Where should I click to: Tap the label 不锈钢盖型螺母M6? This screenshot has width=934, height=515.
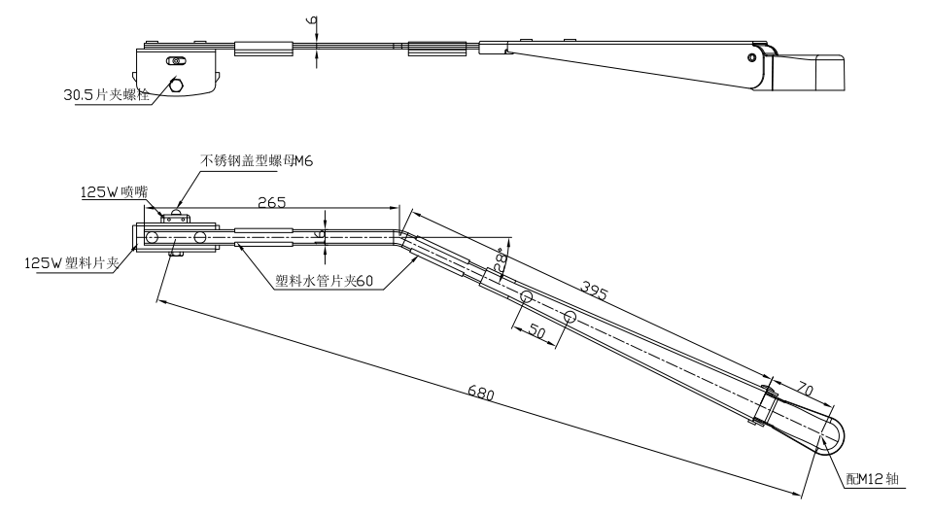(254, 160)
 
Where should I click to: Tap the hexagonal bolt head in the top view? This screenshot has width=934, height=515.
(176, 85)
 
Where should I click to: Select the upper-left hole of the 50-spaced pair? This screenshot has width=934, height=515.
(525, 296)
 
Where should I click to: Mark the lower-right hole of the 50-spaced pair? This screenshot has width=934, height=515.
(570, 317)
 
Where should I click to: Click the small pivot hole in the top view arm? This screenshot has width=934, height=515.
(751, 57)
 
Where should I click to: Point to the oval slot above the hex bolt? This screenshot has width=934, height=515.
(176, 61)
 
